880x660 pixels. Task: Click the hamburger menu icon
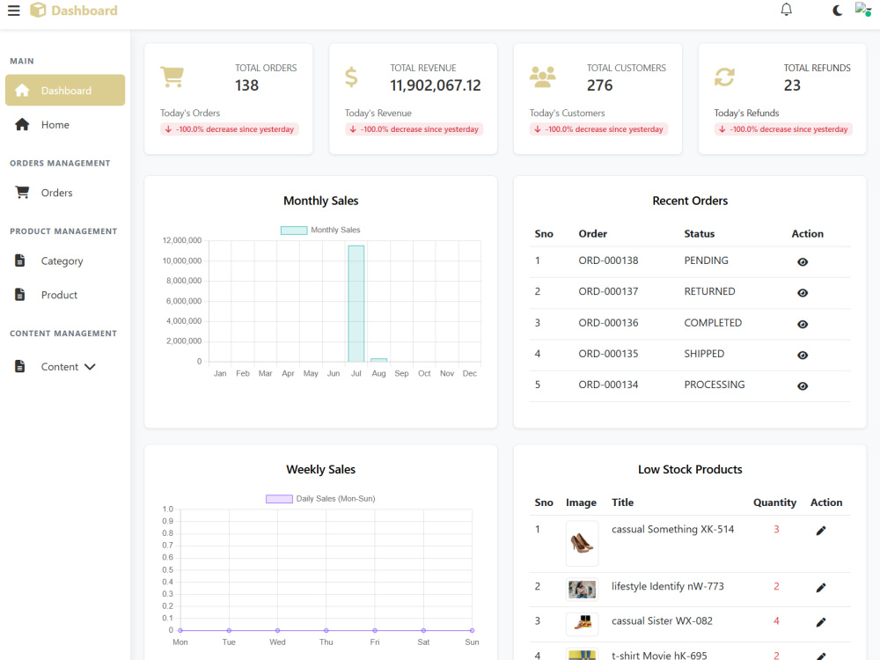(13, 11)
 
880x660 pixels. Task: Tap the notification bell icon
(786, 10)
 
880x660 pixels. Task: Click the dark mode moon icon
(837, 10)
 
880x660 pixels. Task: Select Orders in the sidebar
(56, 193)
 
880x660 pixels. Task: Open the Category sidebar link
(62, 261)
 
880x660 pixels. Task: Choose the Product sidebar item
(59, 295)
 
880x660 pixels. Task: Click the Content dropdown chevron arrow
(90, 367)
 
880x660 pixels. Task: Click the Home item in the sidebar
(55, 125)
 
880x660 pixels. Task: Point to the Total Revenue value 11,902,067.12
(436, 85)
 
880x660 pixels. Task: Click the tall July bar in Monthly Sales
(356, 304)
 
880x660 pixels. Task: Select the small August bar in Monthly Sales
(378, 360)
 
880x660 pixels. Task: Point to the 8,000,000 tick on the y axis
(184, 281)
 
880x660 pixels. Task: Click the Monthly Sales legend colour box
(294, 230)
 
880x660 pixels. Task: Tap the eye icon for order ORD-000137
(803, 293)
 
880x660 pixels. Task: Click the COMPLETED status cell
(713, 323)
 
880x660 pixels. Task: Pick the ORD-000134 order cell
(608, 385)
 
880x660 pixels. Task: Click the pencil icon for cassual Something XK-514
(820, 531)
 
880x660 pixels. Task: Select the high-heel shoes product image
(582, 543)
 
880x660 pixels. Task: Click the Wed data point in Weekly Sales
(277, 630)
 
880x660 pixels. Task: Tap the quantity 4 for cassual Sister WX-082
(776, 621)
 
